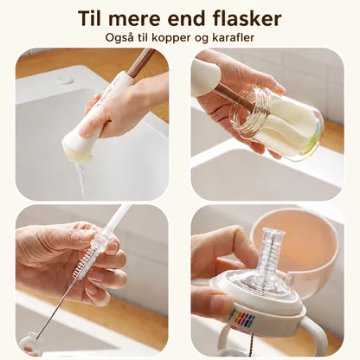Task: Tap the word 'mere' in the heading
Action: point(135,20)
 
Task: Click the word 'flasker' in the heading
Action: point(247,18)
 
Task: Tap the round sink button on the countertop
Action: point(63,80)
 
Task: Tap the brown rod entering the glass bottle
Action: point(235,98)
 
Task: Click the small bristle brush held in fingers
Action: point(84,263)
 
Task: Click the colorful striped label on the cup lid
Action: point(241,318)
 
